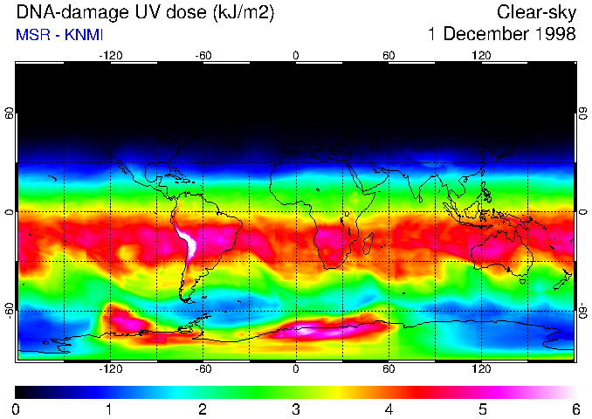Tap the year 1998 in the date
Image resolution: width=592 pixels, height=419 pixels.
point(556,35)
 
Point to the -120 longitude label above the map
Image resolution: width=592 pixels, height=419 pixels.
point(110,55)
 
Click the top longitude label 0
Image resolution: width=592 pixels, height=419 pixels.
point(296,55)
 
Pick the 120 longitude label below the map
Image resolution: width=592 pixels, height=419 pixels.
point(481,369)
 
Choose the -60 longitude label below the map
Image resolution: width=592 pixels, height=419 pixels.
point(203,369)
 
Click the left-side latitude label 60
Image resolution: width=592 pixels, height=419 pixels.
point(10,113)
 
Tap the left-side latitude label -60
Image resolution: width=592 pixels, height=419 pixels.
point(10,310)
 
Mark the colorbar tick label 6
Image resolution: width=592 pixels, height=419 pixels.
point(575,409)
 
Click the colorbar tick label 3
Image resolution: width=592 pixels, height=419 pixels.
point(295,409)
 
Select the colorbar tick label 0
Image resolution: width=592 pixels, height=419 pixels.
point(17,409)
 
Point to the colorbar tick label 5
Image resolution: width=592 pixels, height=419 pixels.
point(482,409)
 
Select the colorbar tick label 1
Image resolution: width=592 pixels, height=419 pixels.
point(109,409)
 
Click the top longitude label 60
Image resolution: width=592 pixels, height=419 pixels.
point(389,55)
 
